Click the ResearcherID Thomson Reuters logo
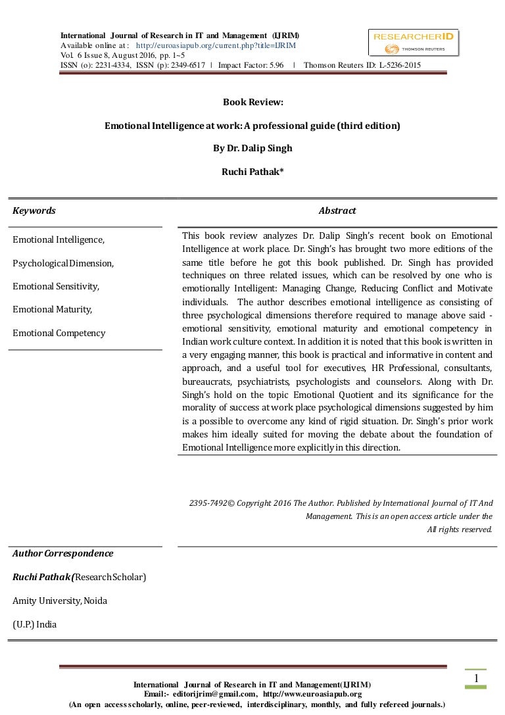pos(413,43)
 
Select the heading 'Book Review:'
pos(252,103)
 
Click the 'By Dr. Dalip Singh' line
pos(252,148)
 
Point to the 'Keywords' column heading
pos(34,210)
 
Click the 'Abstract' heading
pos(337,210)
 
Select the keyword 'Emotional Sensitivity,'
pos(56,286)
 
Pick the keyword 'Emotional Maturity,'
pos(53,309)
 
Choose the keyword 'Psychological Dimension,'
pos(63,263)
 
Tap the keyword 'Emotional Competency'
pos(59,333)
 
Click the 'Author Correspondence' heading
pos(62,553)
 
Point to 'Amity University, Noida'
pos(60,601)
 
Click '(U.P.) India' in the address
pos(34,624)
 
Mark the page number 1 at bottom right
pos(475,678)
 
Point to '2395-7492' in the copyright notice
pos(208,503)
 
